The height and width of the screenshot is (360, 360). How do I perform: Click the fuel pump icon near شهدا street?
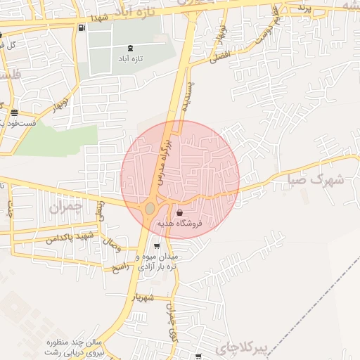pos(83,28)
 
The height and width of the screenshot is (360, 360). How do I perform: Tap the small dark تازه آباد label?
pos(131,60)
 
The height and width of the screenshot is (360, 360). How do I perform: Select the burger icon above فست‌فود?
pos(14,112)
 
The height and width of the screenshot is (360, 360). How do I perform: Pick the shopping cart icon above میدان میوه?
pos(156,246)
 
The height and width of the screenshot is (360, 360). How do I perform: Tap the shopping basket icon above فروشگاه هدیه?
pos(181,213)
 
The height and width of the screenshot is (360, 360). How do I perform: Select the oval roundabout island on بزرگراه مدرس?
pos(150,208)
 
